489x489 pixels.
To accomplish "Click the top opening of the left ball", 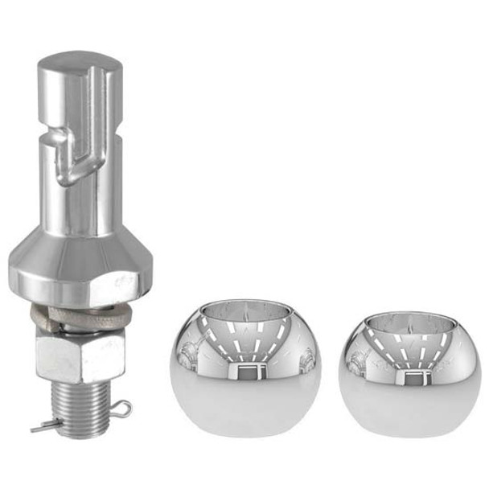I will (246, 309).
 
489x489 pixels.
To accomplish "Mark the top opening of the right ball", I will (407, 320).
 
